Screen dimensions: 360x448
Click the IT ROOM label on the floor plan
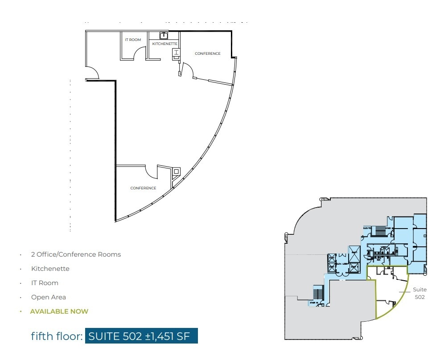tap(133, 40)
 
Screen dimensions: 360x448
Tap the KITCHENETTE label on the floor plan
tap(165, 44)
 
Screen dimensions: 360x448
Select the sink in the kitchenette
tap(164, 35)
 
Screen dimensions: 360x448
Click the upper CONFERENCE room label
tap(207, 53)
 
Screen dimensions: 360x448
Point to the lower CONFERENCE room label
tap(143, 188)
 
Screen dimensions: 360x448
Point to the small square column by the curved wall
tap(177, 171)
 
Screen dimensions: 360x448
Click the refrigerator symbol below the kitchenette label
tap(176, 54)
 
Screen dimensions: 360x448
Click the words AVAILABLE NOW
tap(59, 311)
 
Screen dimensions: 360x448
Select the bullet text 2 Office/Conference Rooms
tap(76, 254)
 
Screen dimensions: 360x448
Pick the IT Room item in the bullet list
tap(45, 283)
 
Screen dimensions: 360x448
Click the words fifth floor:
tap(57, 336)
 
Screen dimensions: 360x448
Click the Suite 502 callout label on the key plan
tap(419, 293)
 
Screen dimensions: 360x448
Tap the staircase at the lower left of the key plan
tap(318, 294)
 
